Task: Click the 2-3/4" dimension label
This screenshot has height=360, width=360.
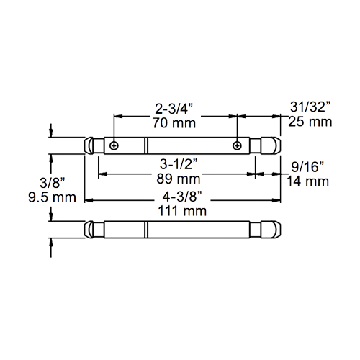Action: pos(174,109)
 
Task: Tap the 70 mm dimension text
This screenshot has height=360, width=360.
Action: pos(174,123)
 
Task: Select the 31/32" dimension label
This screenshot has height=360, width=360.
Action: pos(310,107)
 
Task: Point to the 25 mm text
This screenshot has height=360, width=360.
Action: pos(310,122)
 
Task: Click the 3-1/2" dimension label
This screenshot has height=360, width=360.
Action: pos(179,164)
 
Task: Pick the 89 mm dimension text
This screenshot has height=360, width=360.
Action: pos(179,179)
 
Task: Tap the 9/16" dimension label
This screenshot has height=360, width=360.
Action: pos(307,167)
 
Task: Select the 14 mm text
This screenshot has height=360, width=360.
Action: pos(307,181)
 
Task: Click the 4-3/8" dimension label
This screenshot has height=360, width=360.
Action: pos(181,197)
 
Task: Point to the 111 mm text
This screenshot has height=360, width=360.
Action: pos(182,211)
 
